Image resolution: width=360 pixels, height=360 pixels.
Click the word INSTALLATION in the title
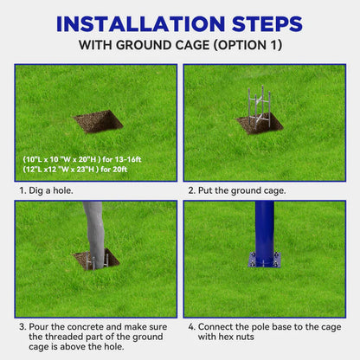click(140, 23)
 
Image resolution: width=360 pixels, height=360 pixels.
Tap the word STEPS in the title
click(267, 23)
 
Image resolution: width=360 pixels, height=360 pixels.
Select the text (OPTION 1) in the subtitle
click(247, 45)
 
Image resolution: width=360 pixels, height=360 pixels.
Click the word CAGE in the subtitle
click(192, 45)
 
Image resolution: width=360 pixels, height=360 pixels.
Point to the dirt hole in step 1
click(98, 122)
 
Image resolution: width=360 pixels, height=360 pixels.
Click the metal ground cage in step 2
click(260, 107)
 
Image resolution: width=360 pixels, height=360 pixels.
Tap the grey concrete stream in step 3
click(94, 235)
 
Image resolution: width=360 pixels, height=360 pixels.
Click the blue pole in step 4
click(265, 232)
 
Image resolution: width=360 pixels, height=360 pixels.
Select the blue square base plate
click(265, 260)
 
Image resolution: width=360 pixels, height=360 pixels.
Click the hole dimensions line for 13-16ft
click(82, 159)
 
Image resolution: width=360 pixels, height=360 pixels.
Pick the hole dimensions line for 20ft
click(74, 170)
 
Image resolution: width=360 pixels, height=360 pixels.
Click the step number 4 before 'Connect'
click(191, 327)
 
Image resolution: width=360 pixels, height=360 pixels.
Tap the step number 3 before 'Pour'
click(22, 327)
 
